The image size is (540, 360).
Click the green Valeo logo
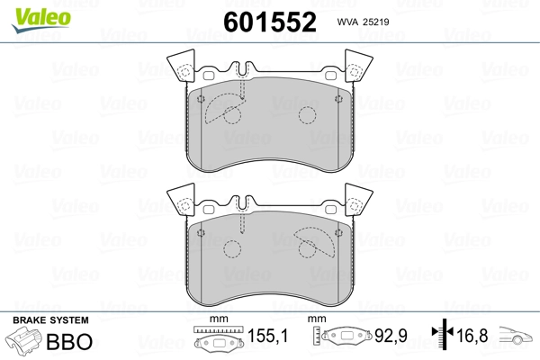click(x=41, y=20)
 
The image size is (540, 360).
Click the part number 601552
click(x=270, y=22)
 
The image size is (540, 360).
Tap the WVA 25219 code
click(x=363, y=22)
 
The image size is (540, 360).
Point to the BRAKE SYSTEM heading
click(x=50, y=320)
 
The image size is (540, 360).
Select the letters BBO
click(x=69, y=341)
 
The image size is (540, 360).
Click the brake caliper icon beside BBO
click(x=24, y=339)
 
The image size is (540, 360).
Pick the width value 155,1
click(x=267, y=336)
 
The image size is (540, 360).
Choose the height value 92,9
click(x=391, y=336)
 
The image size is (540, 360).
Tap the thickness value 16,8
click(x=472, y=335)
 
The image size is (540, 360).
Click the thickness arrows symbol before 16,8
click(x=443, y=333)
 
